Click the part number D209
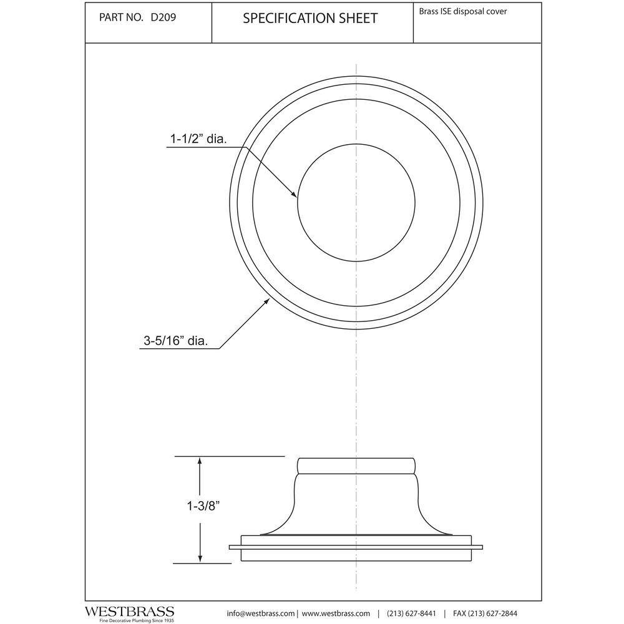coord(163,17)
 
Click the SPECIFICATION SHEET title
coord(310,18)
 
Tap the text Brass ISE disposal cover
coord(463,11)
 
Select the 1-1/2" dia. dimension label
coord(198,139)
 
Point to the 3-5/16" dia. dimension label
coord(176,341)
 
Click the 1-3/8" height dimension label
coord(203,506)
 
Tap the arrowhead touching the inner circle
coord(294,194)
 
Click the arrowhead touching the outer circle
coord(266,302)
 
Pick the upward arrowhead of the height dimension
coord(200,462)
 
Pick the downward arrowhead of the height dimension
coord(200,557)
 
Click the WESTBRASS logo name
coord(130,612)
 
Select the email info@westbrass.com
coord(261,613)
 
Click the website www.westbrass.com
coord(336,613)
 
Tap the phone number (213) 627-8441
coord(411,613)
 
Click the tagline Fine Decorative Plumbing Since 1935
coord(137,620)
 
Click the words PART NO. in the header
coord(121,17)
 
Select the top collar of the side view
coord(356,466)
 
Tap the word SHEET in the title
coord(358,18)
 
